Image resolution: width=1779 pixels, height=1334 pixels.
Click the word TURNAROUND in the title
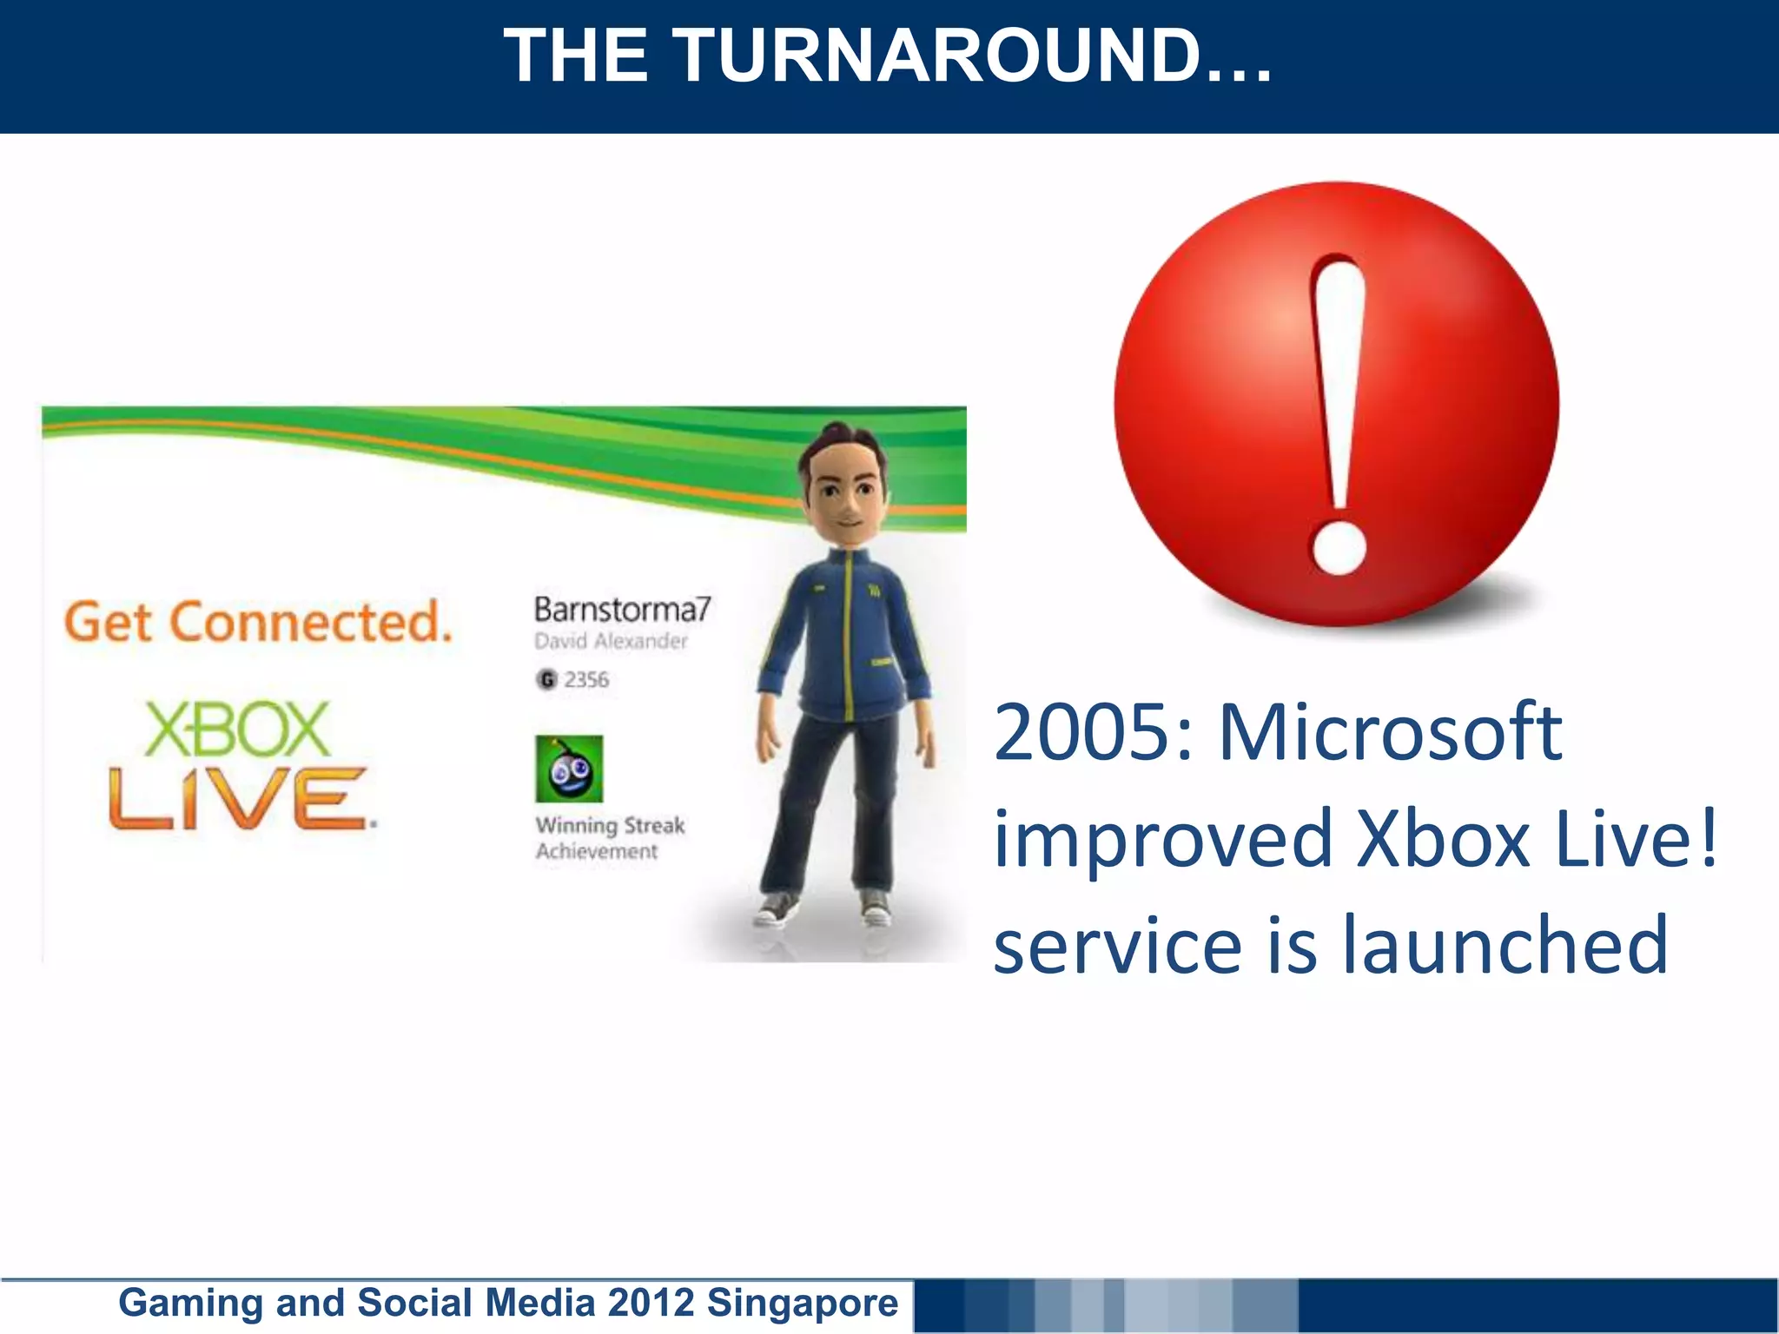973,56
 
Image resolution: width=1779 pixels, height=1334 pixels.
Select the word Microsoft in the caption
1390,734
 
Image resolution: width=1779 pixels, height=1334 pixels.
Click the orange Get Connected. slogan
259,623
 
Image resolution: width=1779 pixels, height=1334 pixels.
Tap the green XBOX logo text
237,730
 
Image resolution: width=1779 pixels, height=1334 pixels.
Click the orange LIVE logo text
240,799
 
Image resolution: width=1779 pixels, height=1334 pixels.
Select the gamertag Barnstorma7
622,610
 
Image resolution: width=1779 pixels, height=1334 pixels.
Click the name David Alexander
611,642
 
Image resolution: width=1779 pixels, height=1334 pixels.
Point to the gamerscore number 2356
586,680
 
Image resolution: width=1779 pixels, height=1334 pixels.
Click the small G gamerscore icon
546,680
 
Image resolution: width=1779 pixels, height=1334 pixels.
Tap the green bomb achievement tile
569,769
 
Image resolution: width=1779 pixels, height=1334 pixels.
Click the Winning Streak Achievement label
609,838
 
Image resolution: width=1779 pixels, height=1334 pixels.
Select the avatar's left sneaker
876,908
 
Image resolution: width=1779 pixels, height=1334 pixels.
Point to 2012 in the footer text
651,1303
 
